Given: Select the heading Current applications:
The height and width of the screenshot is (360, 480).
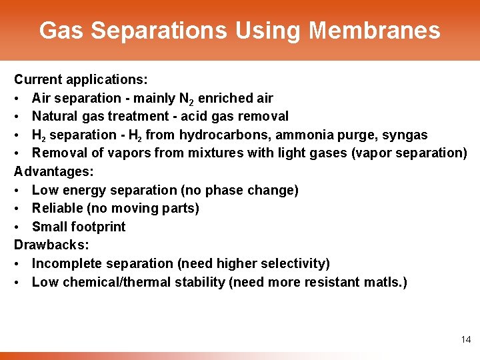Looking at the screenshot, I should pyautogui.click(x=81, y=80).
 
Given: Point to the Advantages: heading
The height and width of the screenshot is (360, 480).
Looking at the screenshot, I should pyautogui.click(x=54, y=172).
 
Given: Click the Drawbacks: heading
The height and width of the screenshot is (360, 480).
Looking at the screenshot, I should pyautogui.click(x=51, y=245).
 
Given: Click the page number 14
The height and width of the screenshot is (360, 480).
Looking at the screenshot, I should pyautogui.click(x=465, y=340).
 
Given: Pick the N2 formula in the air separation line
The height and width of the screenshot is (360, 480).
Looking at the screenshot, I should pyautogui.click(x=187, y=99).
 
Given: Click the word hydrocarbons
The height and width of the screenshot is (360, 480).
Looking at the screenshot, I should pyautogui.click(x=215, y=135).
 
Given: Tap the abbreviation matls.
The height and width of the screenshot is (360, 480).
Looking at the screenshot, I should pyautogui.click(x=382, y=282).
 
